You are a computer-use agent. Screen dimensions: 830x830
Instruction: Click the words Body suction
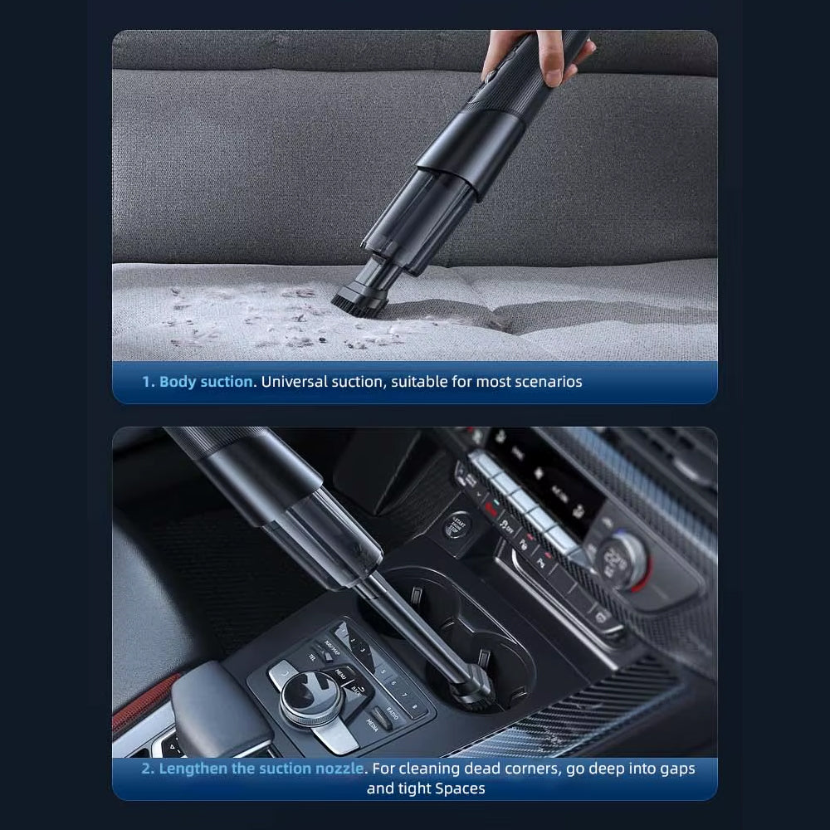[x=206, y=382]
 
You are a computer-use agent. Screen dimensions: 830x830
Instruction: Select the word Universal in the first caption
[x=295, y=382]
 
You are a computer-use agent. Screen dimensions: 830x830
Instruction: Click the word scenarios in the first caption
[x=543, y=382]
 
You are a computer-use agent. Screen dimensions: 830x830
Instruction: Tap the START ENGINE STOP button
[x=456, y=524]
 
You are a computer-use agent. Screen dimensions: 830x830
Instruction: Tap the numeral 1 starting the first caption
[x=147, y=382]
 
